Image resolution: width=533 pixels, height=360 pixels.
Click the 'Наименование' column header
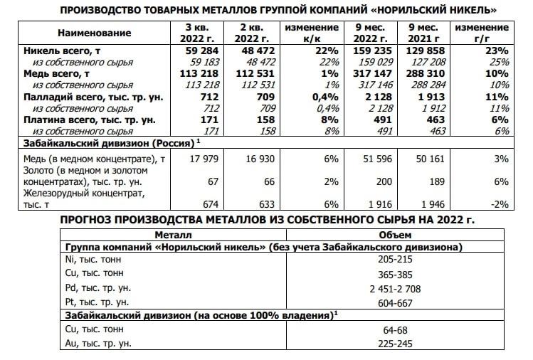95,33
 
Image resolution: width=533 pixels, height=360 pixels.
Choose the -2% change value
500,204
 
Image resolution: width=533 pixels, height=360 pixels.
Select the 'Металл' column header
172,234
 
